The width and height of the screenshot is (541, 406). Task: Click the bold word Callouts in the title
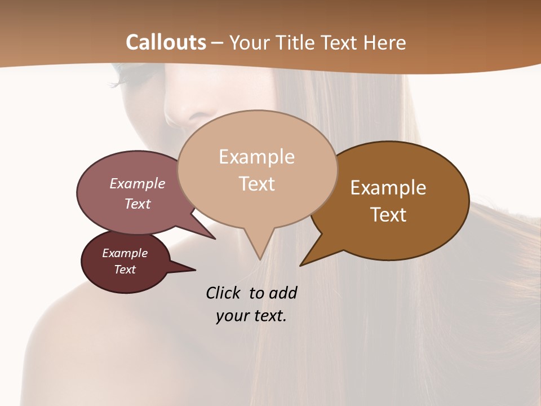point(166,42)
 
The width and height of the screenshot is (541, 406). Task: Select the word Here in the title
point(385,42)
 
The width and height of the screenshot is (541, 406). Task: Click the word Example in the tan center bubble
point(256,157)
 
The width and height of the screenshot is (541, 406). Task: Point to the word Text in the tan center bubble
point(257,184)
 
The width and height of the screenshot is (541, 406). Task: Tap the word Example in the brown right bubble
point(388,188)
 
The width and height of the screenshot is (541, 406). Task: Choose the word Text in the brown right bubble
point(389,215)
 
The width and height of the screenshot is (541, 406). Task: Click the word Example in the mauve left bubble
point(138,183)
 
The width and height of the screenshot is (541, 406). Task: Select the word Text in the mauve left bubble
point(138,204)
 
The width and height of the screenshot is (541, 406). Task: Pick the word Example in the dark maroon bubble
point(125,253)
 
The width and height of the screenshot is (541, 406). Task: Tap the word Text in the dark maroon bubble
point(125,270)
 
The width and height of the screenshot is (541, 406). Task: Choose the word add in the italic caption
point(283,293)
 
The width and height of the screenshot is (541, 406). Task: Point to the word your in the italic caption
point(231,316)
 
